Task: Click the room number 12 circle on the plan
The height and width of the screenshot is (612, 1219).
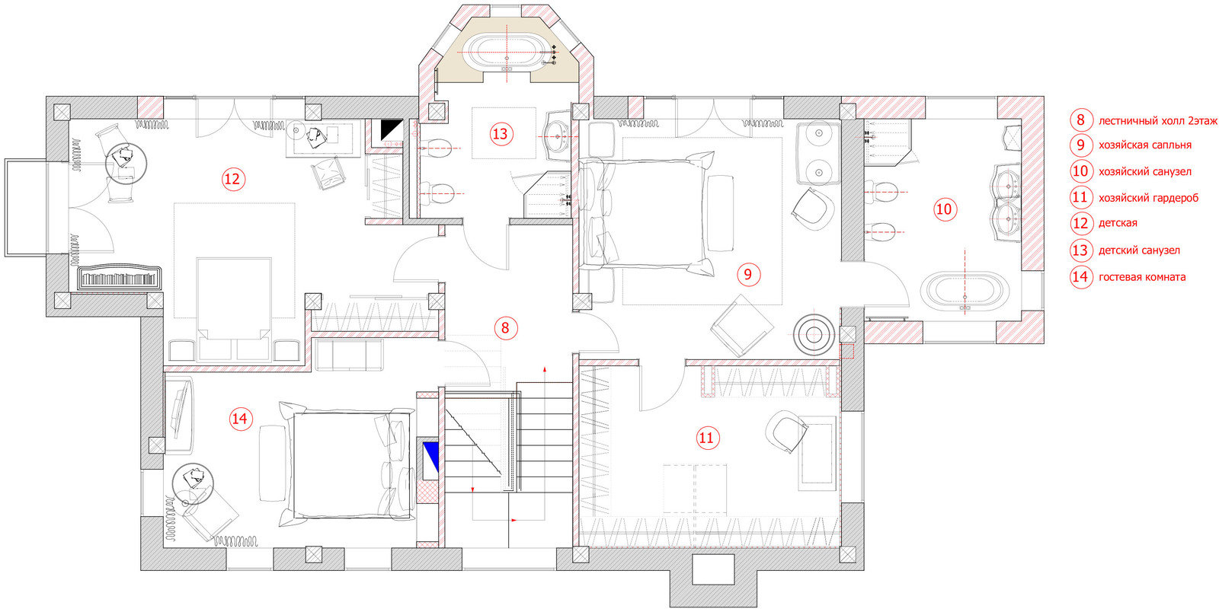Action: click(233, 179)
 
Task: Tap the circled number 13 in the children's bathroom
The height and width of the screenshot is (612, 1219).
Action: click(500, 134)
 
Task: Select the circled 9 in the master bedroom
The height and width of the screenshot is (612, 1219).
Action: click(748, 274)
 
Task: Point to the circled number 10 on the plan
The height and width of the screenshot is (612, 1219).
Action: click(944, 209)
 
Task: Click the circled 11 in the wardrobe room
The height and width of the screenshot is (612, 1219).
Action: click(706, 438)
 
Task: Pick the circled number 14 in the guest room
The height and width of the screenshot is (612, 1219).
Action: click(239, 419)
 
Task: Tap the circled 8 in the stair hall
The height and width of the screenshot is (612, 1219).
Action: click(506, 328)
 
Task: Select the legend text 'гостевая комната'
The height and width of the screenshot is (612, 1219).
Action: click(1142, 277)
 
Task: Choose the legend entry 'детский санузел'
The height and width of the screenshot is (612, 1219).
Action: click(1139, 250)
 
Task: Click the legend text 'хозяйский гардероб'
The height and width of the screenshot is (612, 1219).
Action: click(1148, 198)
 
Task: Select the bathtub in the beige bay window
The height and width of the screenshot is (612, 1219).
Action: click(507, 53)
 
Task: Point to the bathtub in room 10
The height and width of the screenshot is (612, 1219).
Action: click(965, 290)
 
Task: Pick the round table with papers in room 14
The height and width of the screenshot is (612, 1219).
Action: click(193, 483)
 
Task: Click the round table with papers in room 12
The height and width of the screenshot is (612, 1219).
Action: click(126, 162)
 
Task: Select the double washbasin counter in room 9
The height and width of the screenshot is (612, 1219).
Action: click(818, 153)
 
